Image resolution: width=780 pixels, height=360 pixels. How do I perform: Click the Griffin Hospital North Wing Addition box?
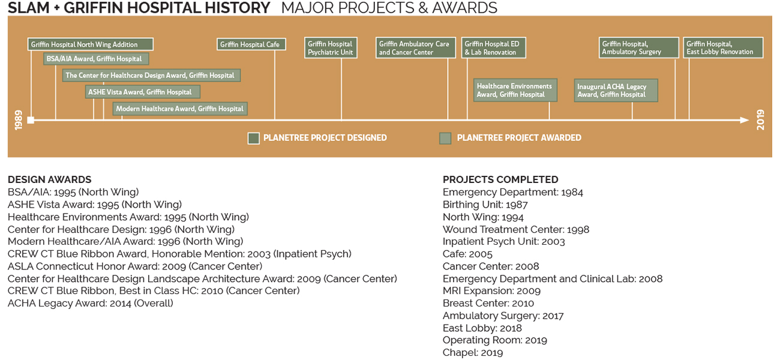(91, 44)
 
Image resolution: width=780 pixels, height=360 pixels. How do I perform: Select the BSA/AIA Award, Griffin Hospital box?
(96, 59)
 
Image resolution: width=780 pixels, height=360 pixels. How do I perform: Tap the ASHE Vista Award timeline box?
(143, 92)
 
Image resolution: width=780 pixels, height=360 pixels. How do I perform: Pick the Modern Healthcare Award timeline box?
(180, 109)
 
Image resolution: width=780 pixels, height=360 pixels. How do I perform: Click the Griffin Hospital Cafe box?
(251, 44)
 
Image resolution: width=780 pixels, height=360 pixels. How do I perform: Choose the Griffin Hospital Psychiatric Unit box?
(331, 47)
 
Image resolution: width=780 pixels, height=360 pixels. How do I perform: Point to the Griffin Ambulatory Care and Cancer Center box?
(416, 47)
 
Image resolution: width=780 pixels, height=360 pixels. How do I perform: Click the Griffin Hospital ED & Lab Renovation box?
(494, 47)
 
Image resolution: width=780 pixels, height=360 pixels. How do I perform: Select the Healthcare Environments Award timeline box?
(515, 90)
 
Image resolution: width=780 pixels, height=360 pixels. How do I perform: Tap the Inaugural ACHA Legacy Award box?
(616, 91)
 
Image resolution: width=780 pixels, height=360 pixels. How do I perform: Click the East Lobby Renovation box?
(723, 47)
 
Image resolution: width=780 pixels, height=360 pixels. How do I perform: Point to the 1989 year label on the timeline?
(19, 120)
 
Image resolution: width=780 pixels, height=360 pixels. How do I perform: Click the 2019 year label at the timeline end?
(761, 120)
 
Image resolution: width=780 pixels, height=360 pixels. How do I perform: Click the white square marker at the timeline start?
(31, 120)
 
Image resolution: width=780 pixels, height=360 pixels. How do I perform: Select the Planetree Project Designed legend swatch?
(253, 138)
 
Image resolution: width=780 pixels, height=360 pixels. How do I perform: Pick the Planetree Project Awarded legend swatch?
(445, 138)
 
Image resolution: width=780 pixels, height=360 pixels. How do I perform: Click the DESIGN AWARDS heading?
(49, 179)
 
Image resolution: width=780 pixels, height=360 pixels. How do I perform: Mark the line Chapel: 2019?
(473, 353)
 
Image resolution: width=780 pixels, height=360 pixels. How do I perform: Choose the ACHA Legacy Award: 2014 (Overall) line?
(91, 303)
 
